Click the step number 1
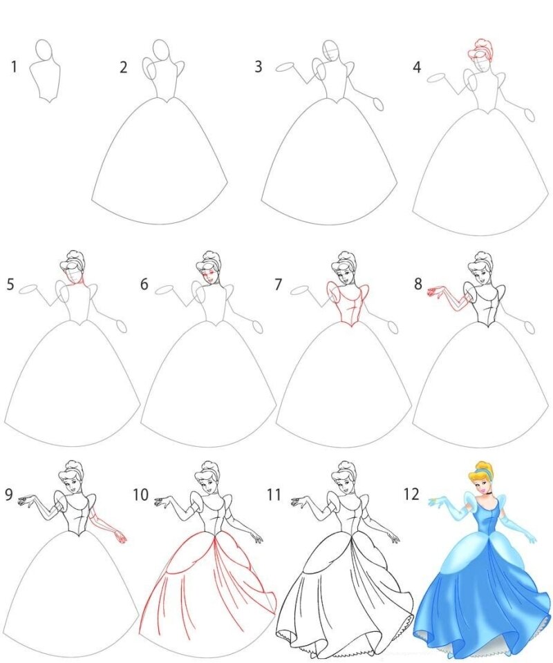coord(15,67)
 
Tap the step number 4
coord(417,67)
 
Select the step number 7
coord(278,285)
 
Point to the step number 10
coord(140,494)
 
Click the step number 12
coord(411,494)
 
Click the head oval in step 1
coord(44,51)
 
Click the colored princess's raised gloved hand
coord(438,501)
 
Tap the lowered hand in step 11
coord(393,537)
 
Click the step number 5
coord(10,285)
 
